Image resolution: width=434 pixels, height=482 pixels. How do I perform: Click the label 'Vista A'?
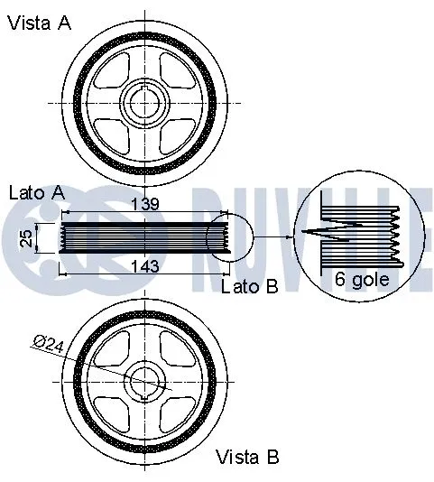pos(39,23)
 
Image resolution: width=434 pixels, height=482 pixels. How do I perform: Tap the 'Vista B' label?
pos(248,458)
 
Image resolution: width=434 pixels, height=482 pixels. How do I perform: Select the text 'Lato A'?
pos(36,192)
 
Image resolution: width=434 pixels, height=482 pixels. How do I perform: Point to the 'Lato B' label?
pos(249,286)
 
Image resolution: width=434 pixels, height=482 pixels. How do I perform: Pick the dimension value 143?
pos(145,265)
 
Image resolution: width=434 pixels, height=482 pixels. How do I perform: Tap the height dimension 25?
pos(27,237)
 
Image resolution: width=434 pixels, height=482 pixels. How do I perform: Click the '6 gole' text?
pos(362,279)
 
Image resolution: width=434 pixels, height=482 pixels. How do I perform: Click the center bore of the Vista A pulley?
pos(145,103)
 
